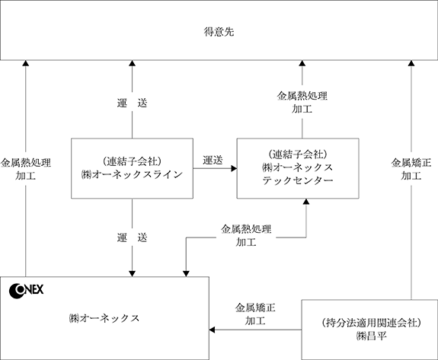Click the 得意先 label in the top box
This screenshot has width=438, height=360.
pyautogui.click(x=219, y=32)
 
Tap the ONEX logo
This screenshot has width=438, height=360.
pyautogui.click(x=26, y=291)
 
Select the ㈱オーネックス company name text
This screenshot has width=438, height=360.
pyautogui.click(x=104, y=318)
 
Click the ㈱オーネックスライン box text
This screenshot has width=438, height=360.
pyautogui.click(x=132, y=174)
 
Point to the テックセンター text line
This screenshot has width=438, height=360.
pyautogui.click(x=298, y=180)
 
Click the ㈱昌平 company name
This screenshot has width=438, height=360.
pyautogui.click(x=372, y=336)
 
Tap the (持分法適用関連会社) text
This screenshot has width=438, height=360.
pyautogui.click(x=371, y=323)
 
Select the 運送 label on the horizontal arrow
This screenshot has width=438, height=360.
pyautogui.click(x=213, y=160)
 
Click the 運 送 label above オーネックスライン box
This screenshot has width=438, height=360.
pyautogui.click(x=132, y=103)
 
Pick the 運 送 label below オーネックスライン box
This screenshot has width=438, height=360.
pyautogui.click(x=132, y=237)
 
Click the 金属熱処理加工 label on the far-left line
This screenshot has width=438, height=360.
pyautogui.click(x=26, y=169)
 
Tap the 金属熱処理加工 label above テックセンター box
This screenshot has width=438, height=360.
pyautogui.click(x=302, y=102)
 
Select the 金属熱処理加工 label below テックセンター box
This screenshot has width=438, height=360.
pyautogui.click(x=246, y=235)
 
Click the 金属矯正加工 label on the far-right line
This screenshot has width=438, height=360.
pyautogui.click(x=411, y=169)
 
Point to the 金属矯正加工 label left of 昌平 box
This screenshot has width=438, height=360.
pyautogui.click(x=255, y=314)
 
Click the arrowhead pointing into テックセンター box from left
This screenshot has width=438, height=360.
pyautogui.click(x=234, y=168)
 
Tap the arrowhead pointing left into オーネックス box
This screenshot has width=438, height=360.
pyautogui.click(x=212, y=330)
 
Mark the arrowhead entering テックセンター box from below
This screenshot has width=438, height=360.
pyautogui.click(x=306, y=202)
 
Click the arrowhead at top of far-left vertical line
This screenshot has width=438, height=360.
pyautogui.click(x=26, y=63)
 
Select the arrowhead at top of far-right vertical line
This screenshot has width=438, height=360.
pyautogui.click(x=411, y=63)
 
